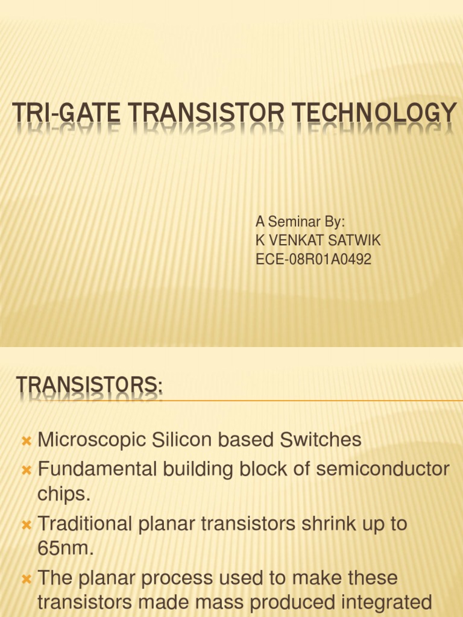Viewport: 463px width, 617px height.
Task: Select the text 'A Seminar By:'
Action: (300, 222)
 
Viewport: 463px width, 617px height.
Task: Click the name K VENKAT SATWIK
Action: (318, 241)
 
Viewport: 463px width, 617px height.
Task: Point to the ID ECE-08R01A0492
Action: (313, 260)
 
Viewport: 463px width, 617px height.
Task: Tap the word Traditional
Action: (85, 524)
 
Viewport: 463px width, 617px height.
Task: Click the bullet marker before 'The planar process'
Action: (26, 579)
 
